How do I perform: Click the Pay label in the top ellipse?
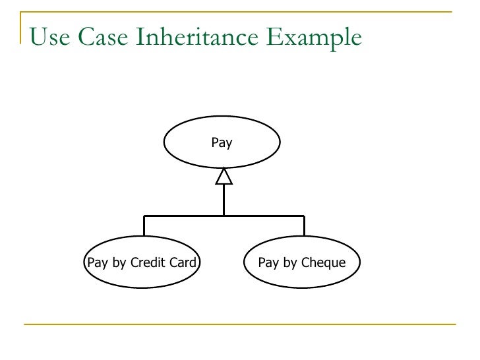click(x=222, y=142)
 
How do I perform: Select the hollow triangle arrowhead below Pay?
click(x=224, y=176)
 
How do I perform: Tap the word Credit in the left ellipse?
click(x=150, y=262)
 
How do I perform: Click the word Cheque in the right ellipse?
click(x=323, y=262)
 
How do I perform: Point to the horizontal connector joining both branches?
click(x=185, y=216)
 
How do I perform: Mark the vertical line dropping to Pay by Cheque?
click(x=304, y=225)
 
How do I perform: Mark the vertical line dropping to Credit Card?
click(x=144, y=225)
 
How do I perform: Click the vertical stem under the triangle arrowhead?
click(x=224, y=200)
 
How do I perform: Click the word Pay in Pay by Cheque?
click(x=268, y=262)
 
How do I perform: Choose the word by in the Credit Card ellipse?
click(x=119, y=262)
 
